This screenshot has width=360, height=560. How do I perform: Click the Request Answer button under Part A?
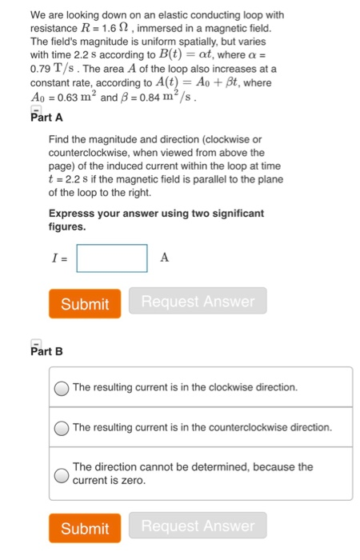point(198,302)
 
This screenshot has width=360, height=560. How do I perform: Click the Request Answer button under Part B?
point(198,526)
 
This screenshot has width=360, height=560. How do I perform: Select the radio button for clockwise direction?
point(62,388)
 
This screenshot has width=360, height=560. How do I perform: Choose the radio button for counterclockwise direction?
point(62,428)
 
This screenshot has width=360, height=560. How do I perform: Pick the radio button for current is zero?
point(62,474)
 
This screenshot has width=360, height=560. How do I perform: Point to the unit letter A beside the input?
point(165,258)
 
